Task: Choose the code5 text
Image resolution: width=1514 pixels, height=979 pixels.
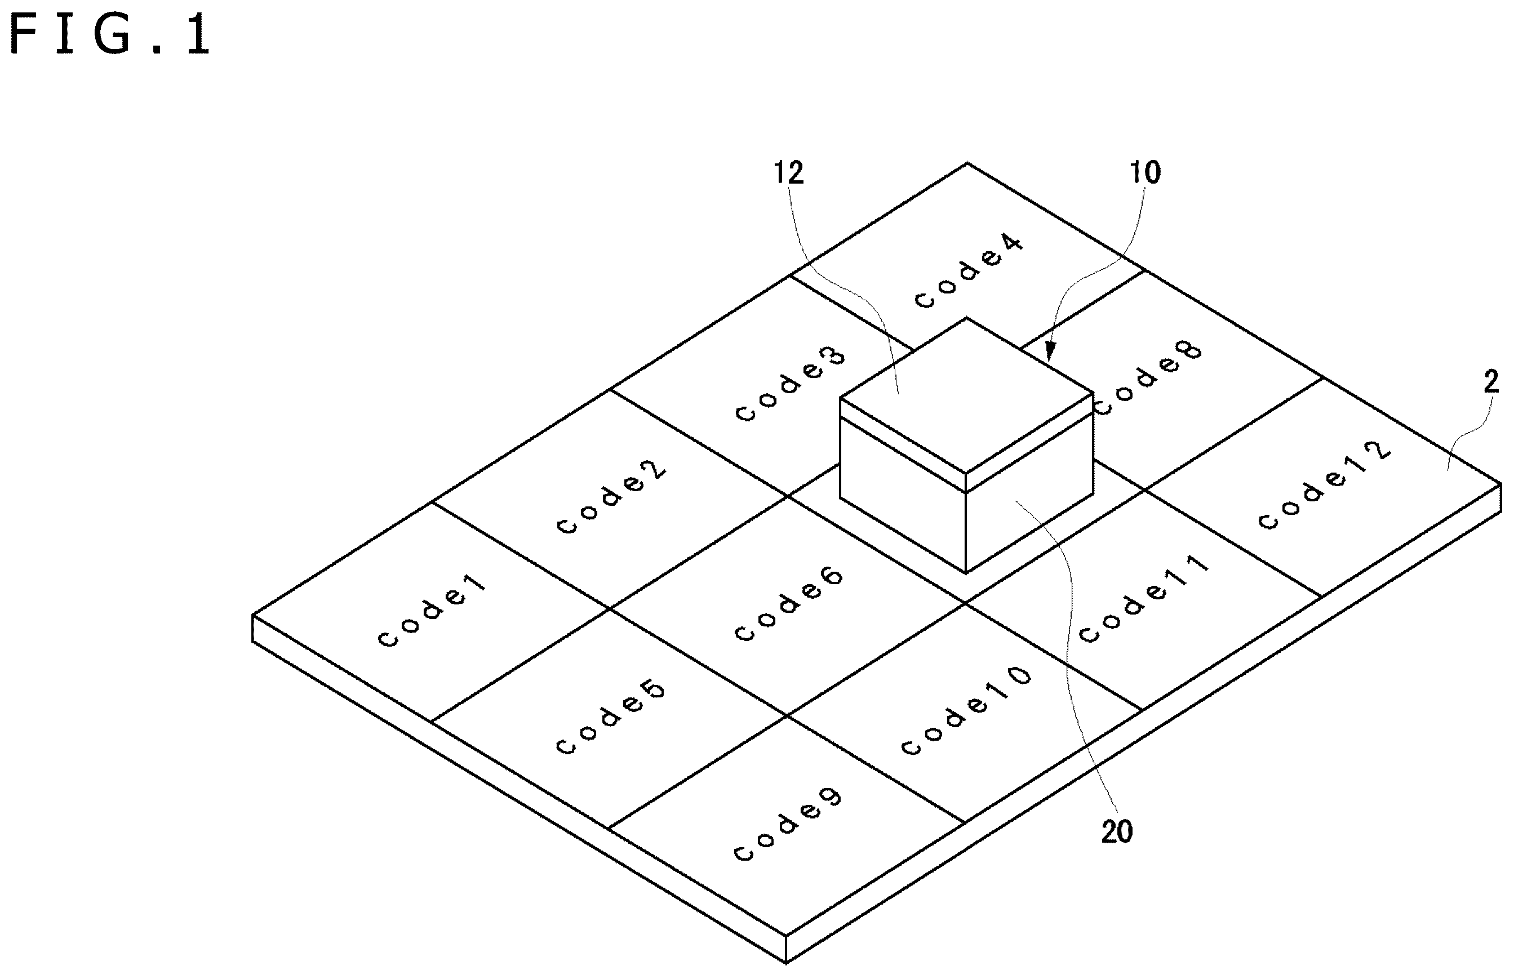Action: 610,718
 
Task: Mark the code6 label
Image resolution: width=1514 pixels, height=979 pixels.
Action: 789,604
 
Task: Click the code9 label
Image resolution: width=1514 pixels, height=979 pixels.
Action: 788,825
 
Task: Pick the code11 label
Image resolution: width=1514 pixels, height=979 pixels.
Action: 1143,599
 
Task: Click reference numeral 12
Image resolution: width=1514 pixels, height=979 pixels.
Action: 788,173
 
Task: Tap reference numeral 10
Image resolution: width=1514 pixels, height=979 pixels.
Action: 1144,173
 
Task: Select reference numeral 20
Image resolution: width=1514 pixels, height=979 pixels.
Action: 1117,832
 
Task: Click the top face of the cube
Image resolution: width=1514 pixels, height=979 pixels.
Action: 966,395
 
